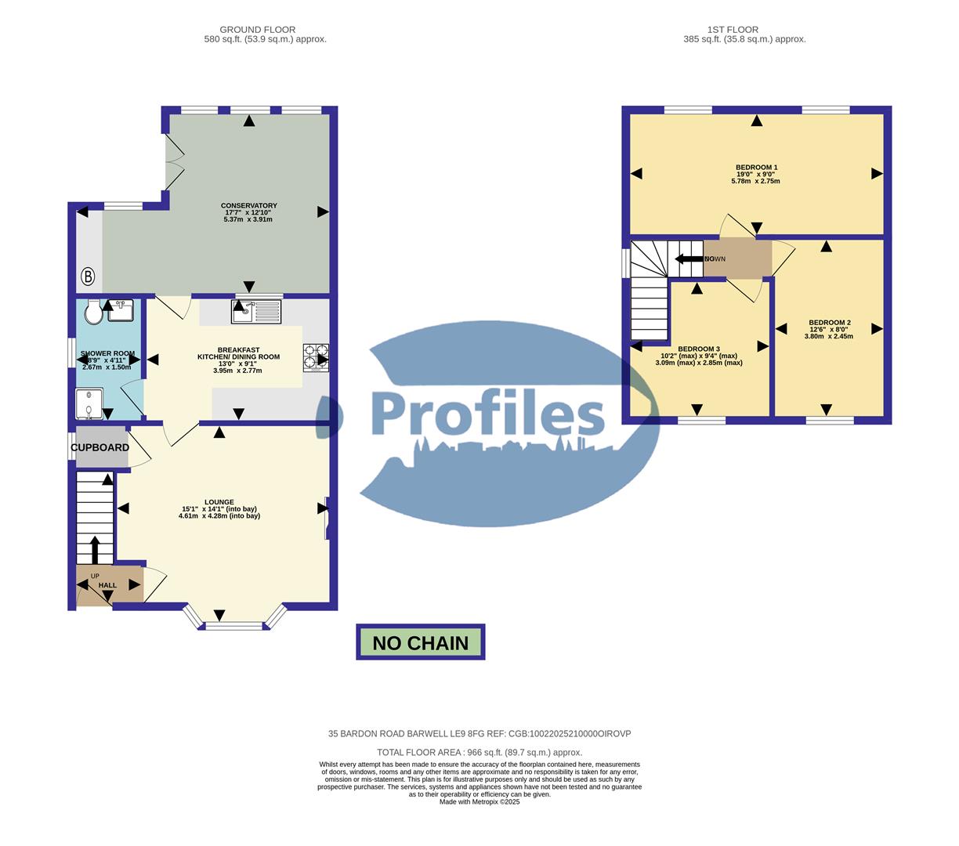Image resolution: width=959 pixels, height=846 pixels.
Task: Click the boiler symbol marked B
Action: tap(88, 276)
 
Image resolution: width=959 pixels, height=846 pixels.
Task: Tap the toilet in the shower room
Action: tap(93, 311)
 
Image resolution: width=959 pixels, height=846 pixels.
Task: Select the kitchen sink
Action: tap(255, 311)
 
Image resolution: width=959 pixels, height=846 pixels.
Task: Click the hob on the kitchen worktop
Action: tap(316, 356)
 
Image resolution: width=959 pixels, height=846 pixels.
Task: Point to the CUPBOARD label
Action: tap(100, 447)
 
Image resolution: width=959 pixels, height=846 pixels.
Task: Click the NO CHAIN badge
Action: tap(421, 642)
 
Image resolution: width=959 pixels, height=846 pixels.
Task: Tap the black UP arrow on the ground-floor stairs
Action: tap(96, 549)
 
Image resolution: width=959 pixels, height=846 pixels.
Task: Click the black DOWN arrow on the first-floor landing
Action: tap(689, 258)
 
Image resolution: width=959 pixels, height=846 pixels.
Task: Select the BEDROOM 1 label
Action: tap(756, 167)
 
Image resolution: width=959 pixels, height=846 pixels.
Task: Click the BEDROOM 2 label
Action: tap(829, 322)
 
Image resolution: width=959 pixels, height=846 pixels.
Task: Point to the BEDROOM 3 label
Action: tap(698, 349)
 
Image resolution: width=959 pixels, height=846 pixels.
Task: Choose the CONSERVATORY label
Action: tap(248, 205)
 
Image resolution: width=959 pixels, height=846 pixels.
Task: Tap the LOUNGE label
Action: tap(219, 501)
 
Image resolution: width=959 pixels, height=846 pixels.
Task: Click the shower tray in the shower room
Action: tap(89, 406)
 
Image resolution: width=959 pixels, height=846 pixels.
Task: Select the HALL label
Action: tap(107, 585)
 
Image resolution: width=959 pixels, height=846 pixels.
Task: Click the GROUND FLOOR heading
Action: tap(259, 30)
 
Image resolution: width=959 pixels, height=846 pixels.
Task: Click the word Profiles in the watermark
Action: tap(487, 414)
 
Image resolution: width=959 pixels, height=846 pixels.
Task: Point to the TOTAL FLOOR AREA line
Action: tap(479, 752)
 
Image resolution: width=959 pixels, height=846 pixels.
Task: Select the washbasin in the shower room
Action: tap(121, 310)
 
